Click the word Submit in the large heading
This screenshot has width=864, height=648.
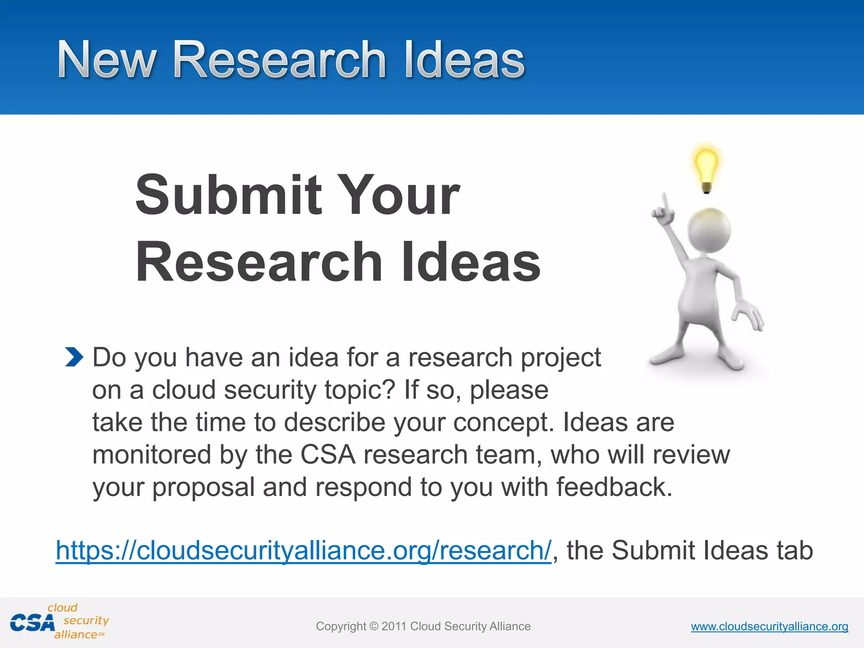[x=228, y=195]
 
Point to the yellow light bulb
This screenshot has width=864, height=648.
[x=706, y=167]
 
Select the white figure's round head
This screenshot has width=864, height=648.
[x=709, y=230]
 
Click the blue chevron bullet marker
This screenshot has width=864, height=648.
[x=74, y=357]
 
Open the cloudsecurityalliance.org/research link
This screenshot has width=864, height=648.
[x=303, y=550]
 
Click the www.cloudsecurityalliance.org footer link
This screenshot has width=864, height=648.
[x=769, y=626]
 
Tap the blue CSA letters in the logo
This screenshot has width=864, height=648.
[x=32, y=623]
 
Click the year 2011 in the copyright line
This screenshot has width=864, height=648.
[x=394, y=626]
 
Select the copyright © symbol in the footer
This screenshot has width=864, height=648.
[x=374, y=626]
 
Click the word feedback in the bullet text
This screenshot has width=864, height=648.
[x=614, y=487]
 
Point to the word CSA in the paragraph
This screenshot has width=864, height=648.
[x=328, y=455]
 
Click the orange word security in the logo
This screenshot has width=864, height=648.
[x=86, y=620]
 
